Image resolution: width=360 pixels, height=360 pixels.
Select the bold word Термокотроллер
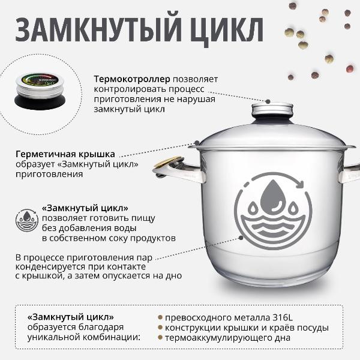tap(132, 79)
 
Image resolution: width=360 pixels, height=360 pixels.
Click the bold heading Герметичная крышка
tap(65, 154)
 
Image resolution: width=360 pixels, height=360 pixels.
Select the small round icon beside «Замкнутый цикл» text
tap(26, 220)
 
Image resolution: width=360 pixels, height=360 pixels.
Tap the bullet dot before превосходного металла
tap(160, 317)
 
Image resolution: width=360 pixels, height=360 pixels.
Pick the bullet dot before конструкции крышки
tap(160, 328)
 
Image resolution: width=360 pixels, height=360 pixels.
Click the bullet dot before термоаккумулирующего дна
tap(160, 338)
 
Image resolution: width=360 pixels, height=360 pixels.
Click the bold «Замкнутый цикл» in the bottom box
tap(71, 316)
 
